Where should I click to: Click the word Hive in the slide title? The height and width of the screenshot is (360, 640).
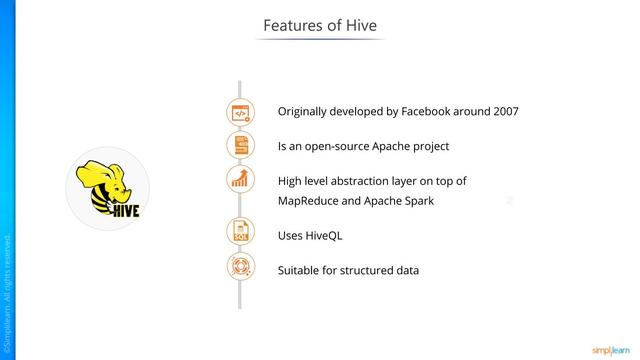click(361, 24)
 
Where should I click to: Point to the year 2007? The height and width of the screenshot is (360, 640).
click(502, 111)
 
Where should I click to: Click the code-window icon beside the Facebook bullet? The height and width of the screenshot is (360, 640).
click(240, 112)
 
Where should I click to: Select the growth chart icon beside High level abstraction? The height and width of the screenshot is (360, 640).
click(240, 181)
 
